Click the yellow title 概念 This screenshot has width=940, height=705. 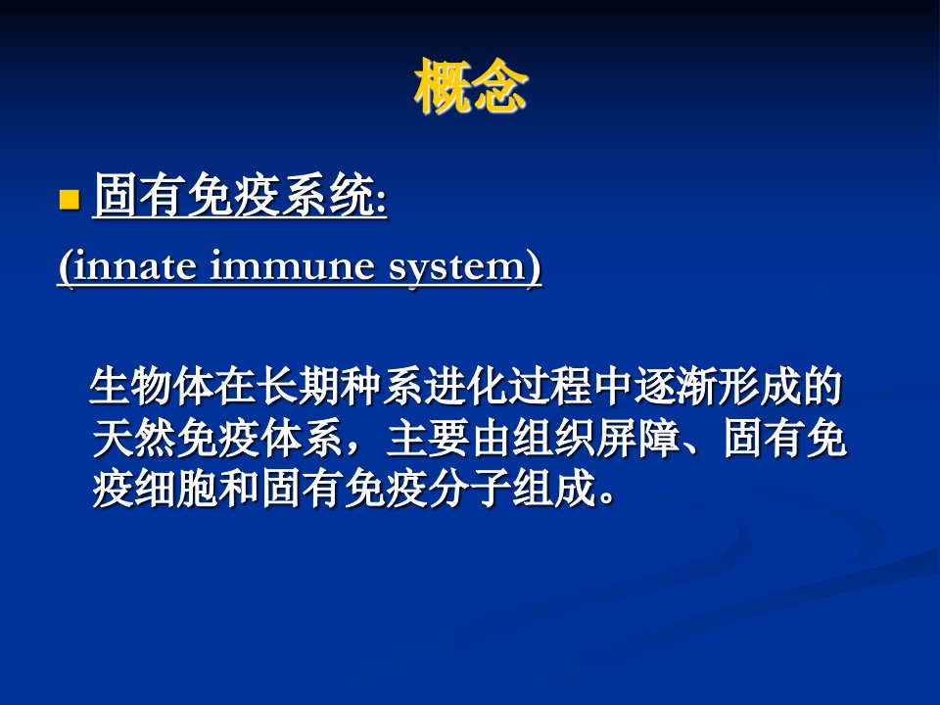click(471, 86)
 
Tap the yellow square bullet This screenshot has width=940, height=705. click(70, 200)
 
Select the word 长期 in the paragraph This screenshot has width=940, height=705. click(298, 386)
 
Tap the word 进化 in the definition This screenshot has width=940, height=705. click(465, 386)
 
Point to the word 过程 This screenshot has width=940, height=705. click(549, 386)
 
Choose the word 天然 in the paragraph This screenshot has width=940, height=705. click(133, 439)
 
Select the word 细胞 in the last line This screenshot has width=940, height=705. click(175, 490)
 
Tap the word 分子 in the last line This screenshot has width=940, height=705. click(469, 490)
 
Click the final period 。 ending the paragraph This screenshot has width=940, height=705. click(605, 498)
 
